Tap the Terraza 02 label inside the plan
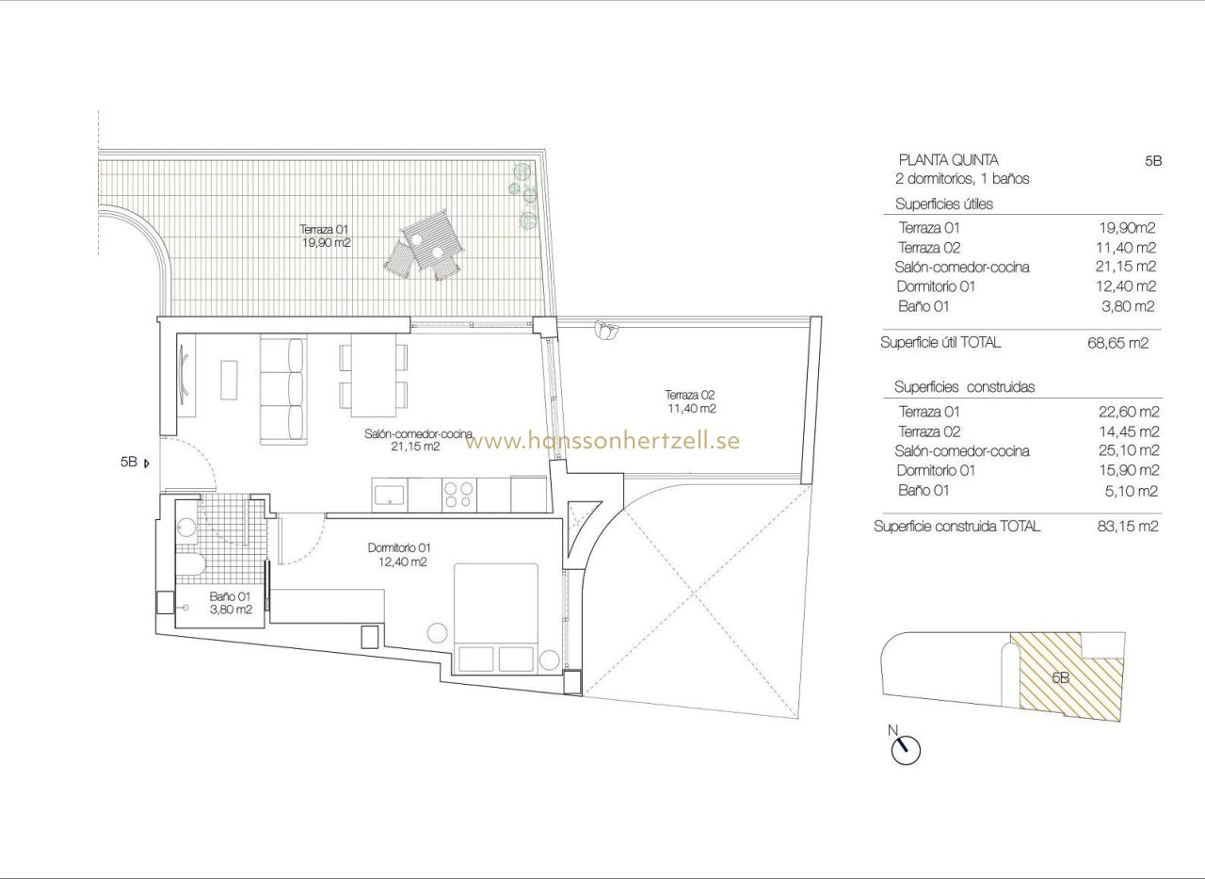pyautogui.click(x=691, y=402)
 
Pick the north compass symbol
pyautogui.click(x=905, y=749)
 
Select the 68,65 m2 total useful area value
pyautogui.click(x=1117, y=343)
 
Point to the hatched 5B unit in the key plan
pyautogui.click(x=1064, y=676)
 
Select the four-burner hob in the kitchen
pyautogui.click(x=459, y=495)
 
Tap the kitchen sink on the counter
pyautogui.click(x=389, y=493)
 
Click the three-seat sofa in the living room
pyautogui.click(x=282, y=388)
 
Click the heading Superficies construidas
pyautogui.click(x=964, y=387)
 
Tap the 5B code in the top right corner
pyautogui.click(x=1153, y=161)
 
